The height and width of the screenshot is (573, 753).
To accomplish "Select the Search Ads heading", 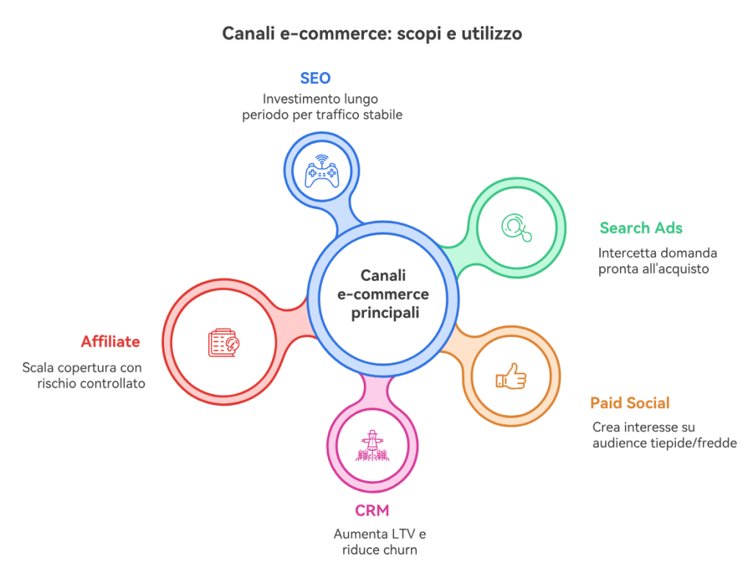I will coord(641,228).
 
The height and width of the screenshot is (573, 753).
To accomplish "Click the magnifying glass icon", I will coord(518,227).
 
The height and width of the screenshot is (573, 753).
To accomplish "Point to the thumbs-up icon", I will coord(510,377).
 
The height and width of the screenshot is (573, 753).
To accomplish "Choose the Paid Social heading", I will coord(630,403).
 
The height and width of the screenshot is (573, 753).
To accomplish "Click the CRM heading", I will coord(372,510).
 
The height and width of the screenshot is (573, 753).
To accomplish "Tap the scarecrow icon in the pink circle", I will coord(372,445).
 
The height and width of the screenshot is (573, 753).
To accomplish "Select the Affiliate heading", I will coord(110,341).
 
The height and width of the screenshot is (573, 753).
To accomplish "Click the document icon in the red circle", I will coord(224,341).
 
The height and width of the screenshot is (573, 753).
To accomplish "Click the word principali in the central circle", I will coord(383,313).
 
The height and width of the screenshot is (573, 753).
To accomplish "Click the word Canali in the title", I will coord(248,34).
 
